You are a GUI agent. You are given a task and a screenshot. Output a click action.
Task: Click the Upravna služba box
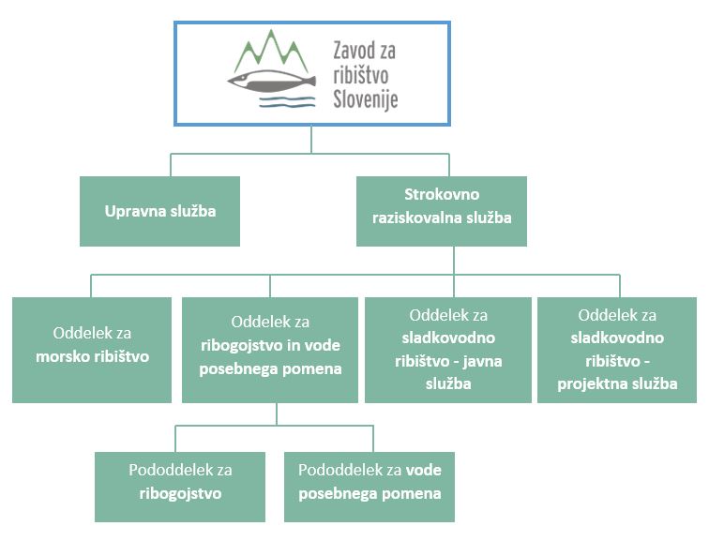(x=159, y=211)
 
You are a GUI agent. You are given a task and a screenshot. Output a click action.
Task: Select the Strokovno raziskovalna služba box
(x=454, y=211)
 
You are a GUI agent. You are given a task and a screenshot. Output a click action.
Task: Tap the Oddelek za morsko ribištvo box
(x=92, y=350)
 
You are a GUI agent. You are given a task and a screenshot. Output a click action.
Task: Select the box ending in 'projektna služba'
(x=617, y=349)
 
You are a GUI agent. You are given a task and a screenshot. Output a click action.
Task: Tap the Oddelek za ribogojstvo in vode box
(x=270, y=350)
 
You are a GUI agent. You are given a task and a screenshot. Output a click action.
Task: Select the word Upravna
(x=131, y=211)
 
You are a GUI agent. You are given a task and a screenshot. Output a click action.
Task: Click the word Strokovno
(x=442, y=194)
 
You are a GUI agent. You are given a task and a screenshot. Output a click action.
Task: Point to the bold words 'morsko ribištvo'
(x=92, y=357)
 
